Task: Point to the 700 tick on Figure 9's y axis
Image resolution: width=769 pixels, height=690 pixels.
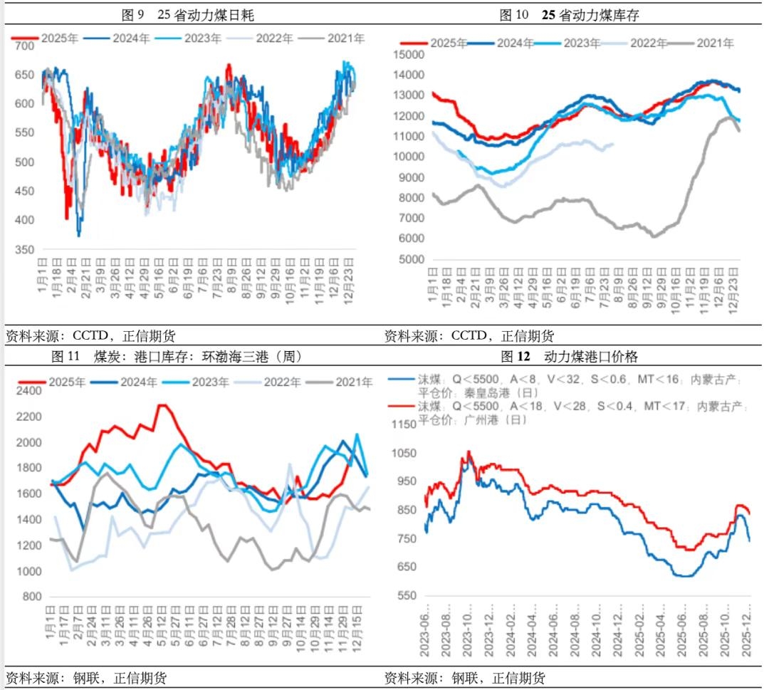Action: (x=24, y=46)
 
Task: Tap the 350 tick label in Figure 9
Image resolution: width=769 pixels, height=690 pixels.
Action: (x=24, y=249)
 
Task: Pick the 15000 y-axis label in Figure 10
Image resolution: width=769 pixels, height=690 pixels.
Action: (x=409, y=54)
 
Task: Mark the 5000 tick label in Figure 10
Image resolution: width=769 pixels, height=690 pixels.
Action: (x=412, y=260)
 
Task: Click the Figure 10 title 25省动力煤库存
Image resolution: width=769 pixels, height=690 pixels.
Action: (x=569, y=14)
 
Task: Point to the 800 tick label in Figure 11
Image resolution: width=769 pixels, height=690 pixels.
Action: (x=32, y=597)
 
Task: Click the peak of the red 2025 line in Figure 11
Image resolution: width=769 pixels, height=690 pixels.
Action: (x=162, y=405)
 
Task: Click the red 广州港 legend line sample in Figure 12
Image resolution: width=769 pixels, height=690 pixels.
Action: (x=401, y=407)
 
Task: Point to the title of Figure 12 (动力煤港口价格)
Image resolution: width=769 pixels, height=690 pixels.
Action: (x=569, y=357)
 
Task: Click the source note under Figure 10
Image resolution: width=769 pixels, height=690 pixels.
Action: (x=469, y=335)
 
